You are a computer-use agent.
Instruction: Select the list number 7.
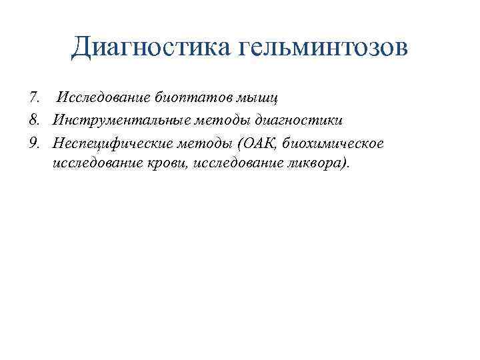click(35, 99)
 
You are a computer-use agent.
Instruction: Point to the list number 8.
click(35, 121)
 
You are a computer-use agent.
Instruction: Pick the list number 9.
click(35, 143)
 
